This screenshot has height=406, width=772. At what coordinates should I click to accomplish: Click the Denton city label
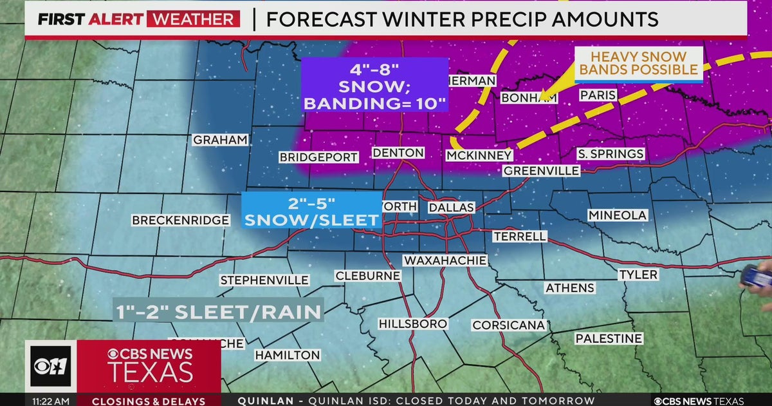[398, 153]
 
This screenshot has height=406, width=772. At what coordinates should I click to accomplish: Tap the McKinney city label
[479, 155]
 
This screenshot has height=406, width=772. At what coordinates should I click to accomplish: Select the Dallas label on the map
[451, 207]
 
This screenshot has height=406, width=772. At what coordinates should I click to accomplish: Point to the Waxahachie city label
[445, 260]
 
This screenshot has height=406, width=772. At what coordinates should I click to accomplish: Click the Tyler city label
[638, 275]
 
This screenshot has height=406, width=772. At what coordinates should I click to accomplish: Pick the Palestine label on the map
[609, 338]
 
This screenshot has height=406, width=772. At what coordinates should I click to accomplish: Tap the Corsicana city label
[509, 325]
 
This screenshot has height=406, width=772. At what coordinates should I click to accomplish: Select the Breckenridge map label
[180, 220]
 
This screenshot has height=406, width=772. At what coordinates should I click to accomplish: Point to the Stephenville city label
[264, 280]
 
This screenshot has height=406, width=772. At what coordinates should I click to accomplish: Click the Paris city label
[598, 95]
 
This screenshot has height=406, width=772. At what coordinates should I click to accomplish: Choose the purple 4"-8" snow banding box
[375, 84]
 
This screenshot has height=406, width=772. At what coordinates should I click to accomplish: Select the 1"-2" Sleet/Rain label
[219, 312]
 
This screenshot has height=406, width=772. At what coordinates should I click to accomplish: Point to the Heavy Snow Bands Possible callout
[638, 64]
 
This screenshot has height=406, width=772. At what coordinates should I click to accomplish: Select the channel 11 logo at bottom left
[50, 366]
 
